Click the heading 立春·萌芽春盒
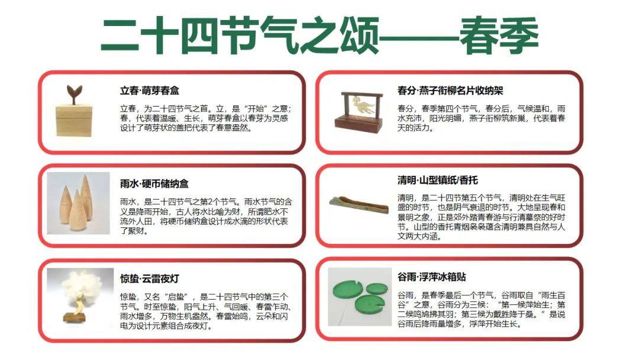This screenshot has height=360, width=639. click(x=150, y=91)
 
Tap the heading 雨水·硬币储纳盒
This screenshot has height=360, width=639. click(x=154, y=184)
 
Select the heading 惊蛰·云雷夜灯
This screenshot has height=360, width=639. click(x=150, y=279)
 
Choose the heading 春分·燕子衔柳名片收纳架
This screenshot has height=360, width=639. click(x=451, y=91)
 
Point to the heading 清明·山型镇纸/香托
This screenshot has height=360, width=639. click(x=438, y=180)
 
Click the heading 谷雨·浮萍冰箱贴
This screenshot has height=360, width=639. click(x=432, y=277)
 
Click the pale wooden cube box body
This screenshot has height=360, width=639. click(x=74, y=120)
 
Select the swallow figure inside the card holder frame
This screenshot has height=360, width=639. click(x=362, y=106)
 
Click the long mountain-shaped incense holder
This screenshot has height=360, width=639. click(x=359, y=204)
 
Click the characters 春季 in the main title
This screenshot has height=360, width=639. click(x=499, y=36)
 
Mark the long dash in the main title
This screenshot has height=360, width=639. click(x=419, y=39)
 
